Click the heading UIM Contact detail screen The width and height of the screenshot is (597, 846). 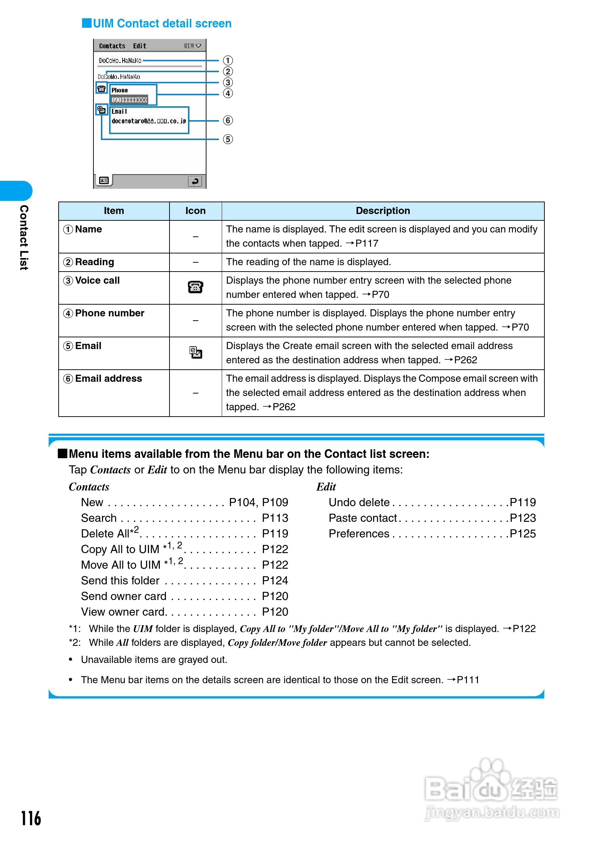[x=162, y=23]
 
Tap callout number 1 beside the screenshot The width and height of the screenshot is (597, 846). [x=228, y=60]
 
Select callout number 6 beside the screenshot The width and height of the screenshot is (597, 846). [x=228, y=121]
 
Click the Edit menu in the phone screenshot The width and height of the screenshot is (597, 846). [x=140, y=46]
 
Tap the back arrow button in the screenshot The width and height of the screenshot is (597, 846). [x=195, y=181]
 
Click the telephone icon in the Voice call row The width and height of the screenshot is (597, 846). [x=195, y=287]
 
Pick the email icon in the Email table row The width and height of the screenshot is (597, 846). [x=195, y=353]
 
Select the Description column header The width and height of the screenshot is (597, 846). [x=383, y=211]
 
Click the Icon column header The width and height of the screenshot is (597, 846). [x=195, y=211]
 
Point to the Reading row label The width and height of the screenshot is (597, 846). [x=94, y=262]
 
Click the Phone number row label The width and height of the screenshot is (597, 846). [x=109, y=313]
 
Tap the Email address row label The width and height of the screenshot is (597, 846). [x=108, y=379]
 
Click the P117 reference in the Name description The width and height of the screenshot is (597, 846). [x=366, y=243]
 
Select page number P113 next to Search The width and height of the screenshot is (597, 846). [x=275, y=518]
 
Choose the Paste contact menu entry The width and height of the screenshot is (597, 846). [x=362, y=518]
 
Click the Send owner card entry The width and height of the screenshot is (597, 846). [x=124, y=596]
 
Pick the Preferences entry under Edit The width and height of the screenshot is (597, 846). [x=359, y=534]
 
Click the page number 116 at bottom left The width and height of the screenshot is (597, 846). [x=31, y=818]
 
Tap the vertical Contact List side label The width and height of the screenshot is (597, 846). [x=24, y=238]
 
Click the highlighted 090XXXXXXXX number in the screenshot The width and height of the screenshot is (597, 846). [x=129, y=100]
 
